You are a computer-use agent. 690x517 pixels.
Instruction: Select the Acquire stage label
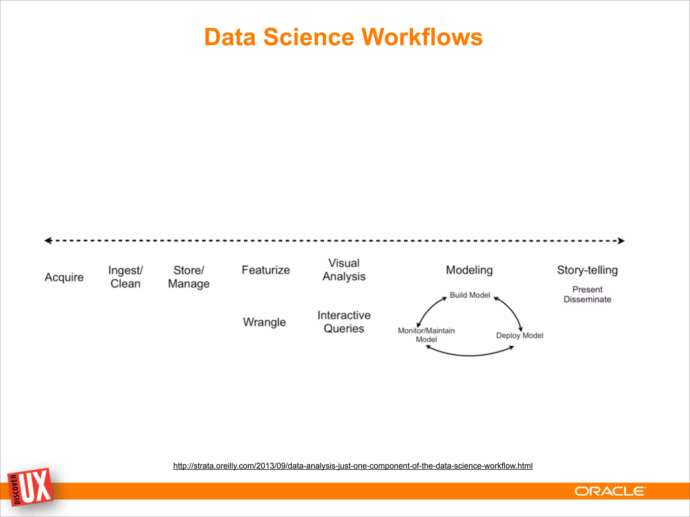tap(64, 277)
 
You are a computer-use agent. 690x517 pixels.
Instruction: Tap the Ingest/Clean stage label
tap(125, 277)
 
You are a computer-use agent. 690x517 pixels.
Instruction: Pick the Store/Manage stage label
tap(189, 277)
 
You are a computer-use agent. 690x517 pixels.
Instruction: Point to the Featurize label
tap(265, 270)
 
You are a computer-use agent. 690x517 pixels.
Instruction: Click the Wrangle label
tap(264, 322)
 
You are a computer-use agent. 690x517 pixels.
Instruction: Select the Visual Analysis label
tap(344, 270)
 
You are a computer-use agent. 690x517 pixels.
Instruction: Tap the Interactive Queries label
tap(344, 322)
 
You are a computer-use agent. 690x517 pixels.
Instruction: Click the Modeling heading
tap(469, 270)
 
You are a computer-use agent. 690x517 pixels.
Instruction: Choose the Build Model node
tap(470, 295)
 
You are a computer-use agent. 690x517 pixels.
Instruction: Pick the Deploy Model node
tap(520, 336)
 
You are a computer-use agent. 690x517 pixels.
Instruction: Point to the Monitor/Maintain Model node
tap(426, 335)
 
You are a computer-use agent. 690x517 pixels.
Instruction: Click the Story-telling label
tap(587, 270)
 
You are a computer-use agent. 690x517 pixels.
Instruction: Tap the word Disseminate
tap(587, 300)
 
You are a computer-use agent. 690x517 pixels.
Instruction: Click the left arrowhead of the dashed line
tap(48, 240)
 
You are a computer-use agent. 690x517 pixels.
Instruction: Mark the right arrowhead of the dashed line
tap(621, 241)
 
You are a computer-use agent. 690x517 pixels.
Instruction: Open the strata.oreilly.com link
tap(353, 466)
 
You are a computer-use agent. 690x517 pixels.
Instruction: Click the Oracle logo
tap(610, 491)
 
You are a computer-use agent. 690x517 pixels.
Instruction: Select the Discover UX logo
tap(31, 487)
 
